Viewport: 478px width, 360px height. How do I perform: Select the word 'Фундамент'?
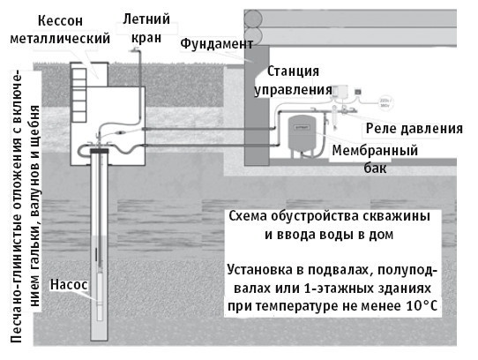[216, 43]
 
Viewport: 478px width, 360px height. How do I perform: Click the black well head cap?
[98, 152]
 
